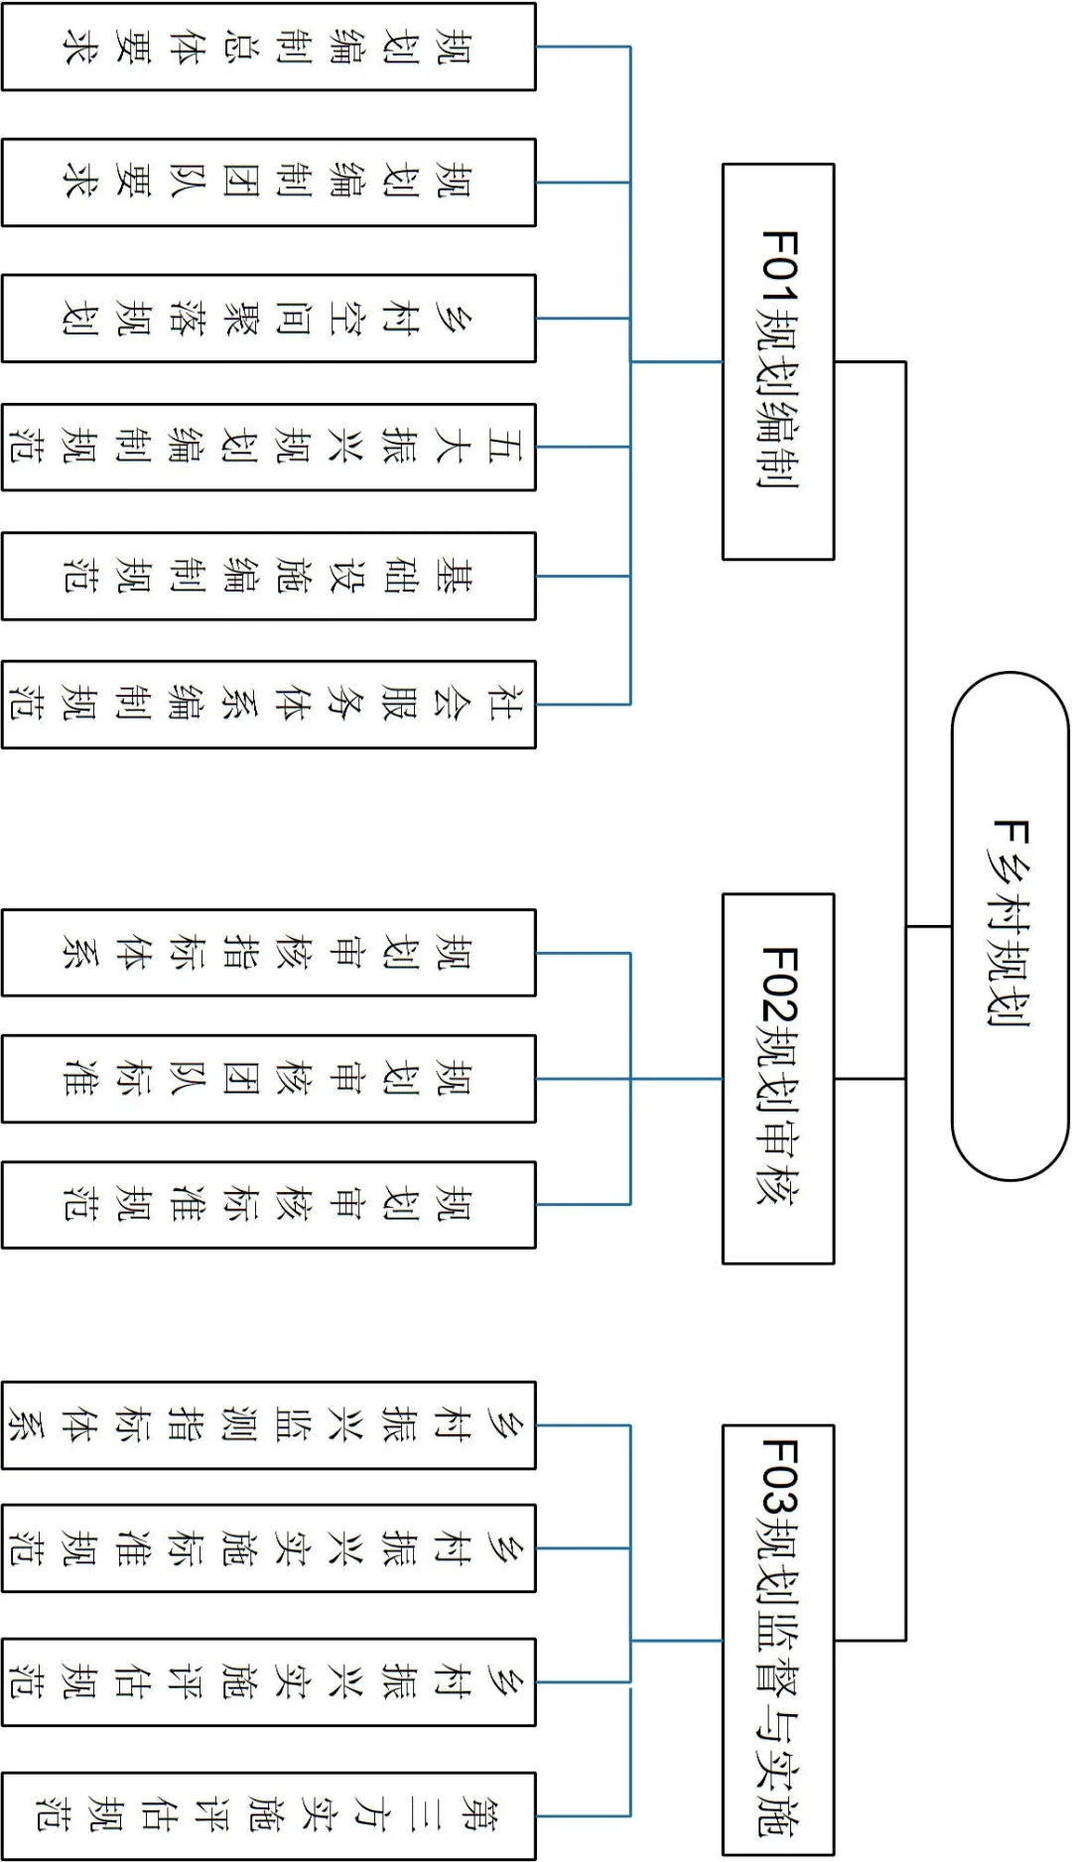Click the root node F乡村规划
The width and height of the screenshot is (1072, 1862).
tap(1009, 926)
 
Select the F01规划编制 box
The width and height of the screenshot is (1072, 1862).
tap(778, 361)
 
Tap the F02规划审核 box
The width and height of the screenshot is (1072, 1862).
tap(778, 1078)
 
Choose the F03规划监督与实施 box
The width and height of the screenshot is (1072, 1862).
tap(778, 1640)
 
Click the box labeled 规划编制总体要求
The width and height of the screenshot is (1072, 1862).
tap(268, 47)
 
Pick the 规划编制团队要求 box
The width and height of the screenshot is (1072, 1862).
tap(268, 183)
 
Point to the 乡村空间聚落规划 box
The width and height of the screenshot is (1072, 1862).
tap(268, 319)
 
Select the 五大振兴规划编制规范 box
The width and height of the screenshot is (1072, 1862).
tap(268, 447)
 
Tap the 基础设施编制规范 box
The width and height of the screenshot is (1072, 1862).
tap(268, 576)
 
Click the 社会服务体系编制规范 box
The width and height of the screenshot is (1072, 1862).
tap(268, 704)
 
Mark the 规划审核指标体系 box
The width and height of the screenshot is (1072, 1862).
tap(268, 953)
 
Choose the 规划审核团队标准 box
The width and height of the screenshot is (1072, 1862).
tap(268, 1079)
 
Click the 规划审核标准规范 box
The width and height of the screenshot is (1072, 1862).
tap(268, 1204)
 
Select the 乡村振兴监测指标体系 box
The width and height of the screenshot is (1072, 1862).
tap(268, 1425)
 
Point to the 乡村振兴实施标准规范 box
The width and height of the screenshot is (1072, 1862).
tap(268, 1548)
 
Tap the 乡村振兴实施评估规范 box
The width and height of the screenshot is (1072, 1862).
tap(268, 1681)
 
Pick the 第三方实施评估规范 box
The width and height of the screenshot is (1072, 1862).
tap(268, 1816)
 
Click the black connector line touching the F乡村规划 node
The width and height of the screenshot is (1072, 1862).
tap(929, 926)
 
